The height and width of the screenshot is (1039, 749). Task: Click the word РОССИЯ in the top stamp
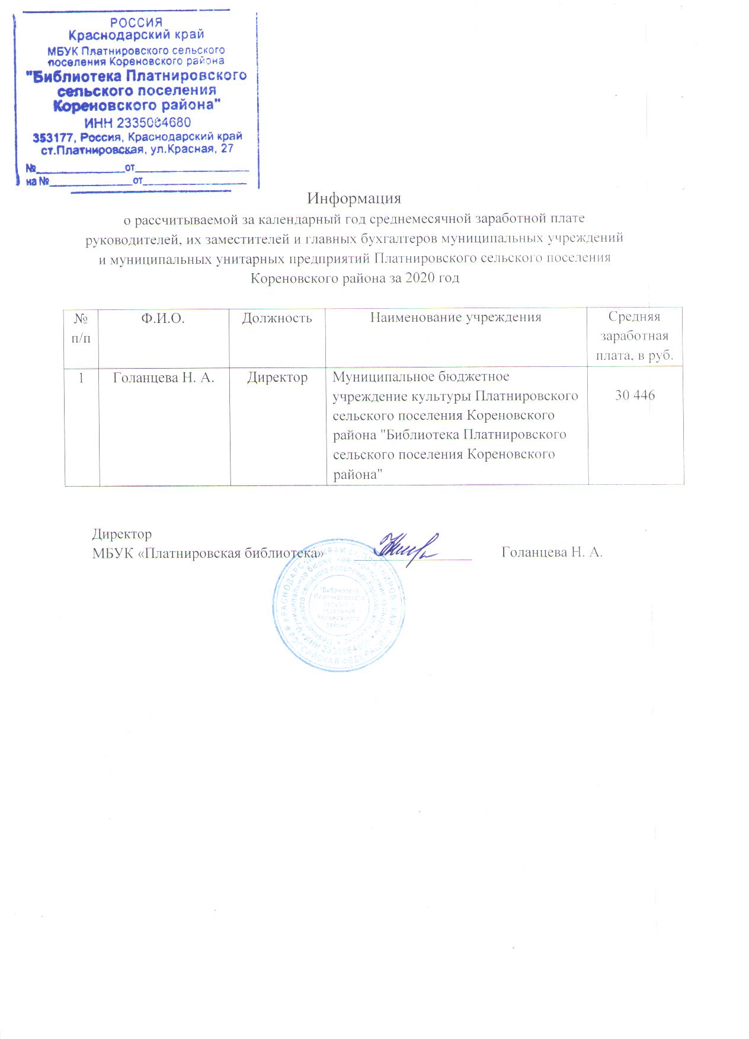tap(137, 23)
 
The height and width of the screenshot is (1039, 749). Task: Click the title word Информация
tap(354, 198)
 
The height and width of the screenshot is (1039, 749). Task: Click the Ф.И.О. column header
tap(163, 318)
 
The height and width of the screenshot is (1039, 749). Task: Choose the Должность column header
tap(277, 318)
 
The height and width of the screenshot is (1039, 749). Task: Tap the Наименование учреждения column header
tap(456, 318)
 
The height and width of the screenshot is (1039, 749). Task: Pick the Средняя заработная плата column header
tap(635, 336)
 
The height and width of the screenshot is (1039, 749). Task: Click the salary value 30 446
tap(635, 395)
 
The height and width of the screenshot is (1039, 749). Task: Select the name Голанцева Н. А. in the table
tap(164, 378)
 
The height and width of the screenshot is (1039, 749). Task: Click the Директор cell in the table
tap(277, 378)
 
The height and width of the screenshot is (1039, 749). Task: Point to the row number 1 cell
tap(82, 378)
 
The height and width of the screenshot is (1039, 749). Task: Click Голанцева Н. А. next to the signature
tap(552, 552)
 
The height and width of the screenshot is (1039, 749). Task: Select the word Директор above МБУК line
tap(122, 534)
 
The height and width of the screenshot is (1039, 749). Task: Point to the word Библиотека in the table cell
tap(422, 434)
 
